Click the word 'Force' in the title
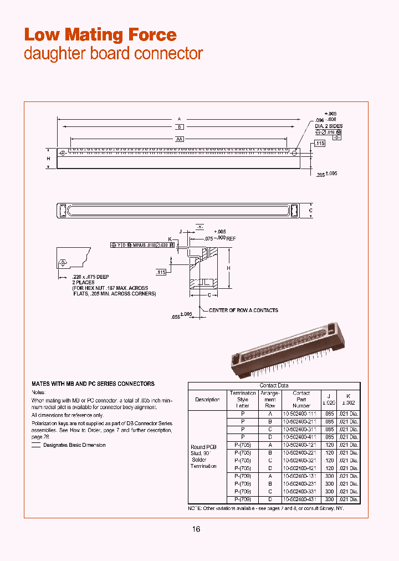152,35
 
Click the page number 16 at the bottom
196,529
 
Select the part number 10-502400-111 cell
301,414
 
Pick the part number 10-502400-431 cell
301,499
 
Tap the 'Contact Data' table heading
274,385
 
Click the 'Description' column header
207,399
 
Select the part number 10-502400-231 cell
301,484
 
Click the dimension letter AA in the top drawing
180,139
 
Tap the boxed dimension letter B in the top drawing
180,127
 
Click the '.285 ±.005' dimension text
326,174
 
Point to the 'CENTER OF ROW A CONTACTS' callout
243,310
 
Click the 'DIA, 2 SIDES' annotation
329,126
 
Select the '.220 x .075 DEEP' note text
91,277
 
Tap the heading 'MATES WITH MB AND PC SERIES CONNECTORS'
93,384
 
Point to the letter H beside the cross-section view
228,268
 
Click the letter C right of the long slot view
310,211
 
